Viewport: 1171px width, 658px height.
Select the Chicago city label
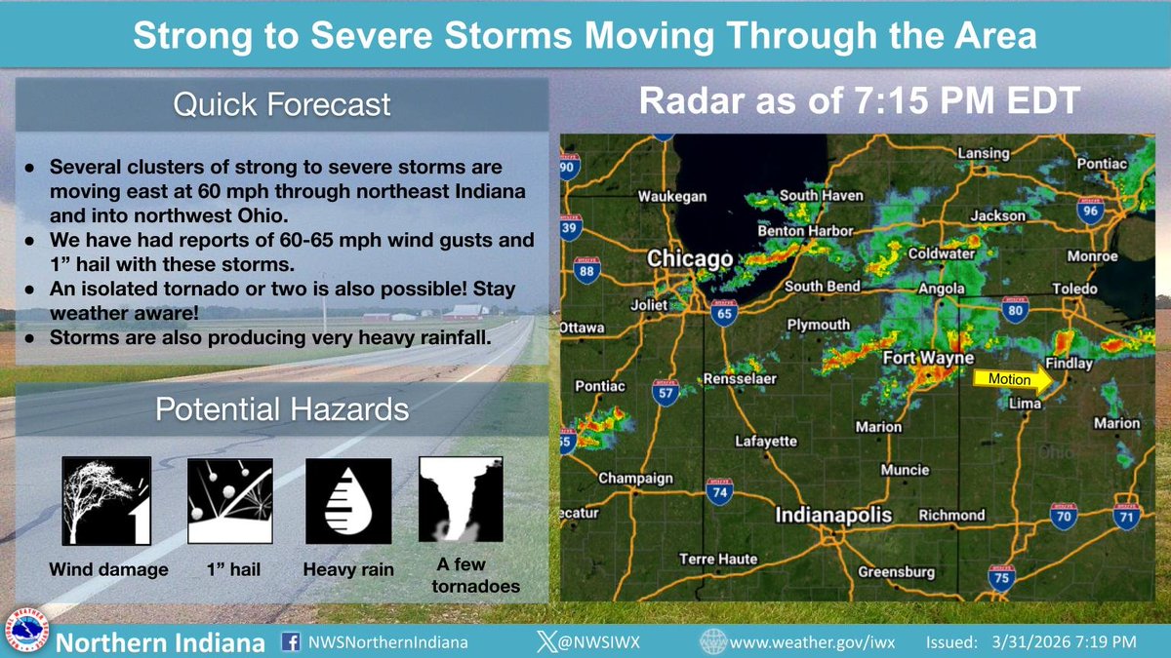(x=689, y=259)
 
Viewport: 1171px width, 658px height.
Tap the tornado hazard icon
(x=461, y=499)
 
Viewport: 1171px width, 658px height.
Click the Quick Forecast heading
(x=281, y=104)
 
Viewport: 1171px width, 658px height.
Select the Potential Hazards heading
(x=281, y=409)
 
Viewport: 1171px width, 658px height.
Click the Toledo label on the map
(x=1074, y=289)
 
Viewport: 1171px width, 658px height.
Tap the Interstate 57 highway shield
(x=666, y=393)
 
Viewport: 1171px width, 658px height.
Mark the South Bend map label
(x=823, y=287)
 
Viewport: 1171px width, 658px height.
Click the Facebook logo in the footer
(x=290, y=643)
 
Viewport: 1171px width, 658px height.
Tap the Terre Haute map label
(x=718, y=559)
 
